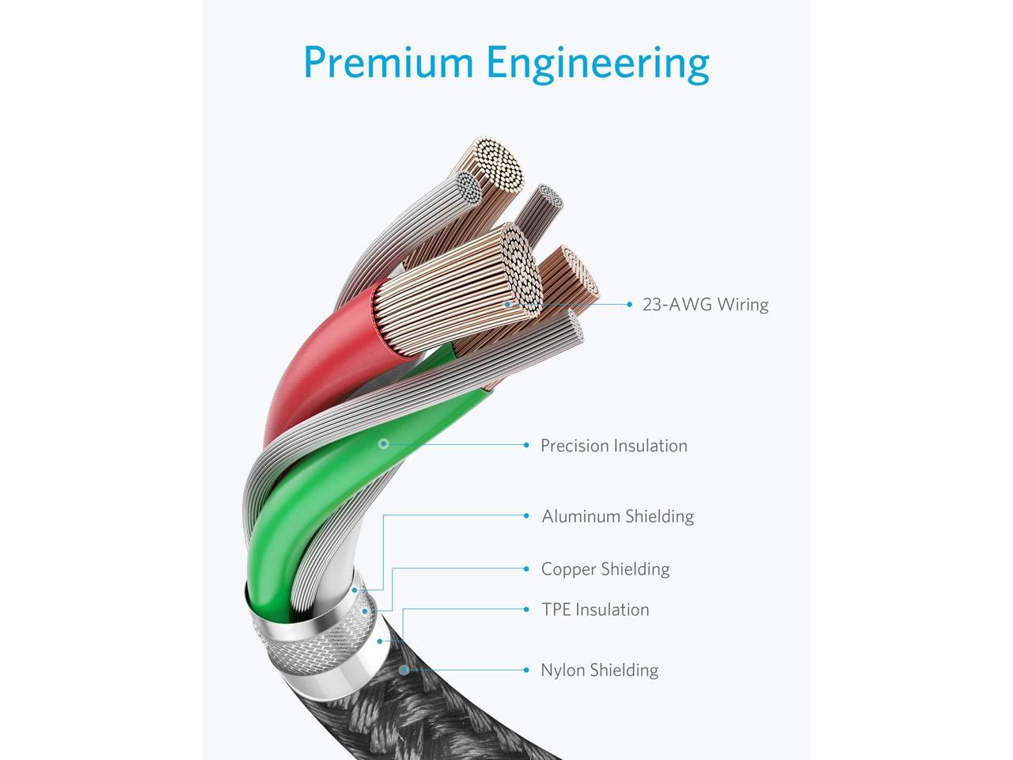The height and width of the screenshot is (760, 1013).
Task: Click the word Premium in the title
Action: tap(388, 63)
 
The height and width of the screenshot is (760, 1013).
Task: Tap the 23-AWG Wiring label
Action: tap(705, 305)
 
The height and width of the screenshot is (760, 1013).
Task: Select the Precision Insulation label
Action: tap(613, 446)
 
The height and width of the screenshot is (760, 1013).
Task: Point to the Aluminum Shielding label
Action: tap(617, 516)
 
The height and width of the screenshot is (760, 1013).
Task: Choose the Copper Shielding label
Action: tap(605, 569)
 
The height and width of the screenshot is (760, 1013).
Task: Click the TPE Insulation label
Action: tap(595, 610)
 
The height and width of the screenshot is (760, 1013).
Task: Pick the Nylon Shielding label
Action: tap(599, 670)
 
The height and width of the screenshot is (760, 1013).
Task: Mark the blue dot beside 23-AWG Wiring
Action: tap(630, 304)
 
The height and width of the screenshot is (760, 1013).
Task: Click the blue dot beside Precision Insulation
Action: tap(526, 446)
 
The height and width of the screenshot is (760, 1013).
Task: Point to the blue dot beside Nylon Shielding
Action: tap(526, 670)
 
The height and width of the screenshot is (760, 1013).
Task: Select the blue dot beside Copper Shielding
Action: tap(526, 569)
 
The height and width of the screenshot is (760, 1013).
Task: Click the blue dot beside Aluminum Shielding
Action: tap(526, 516)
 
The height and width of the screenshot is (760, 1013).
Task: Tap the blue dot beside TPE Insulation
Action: tap(526, 610)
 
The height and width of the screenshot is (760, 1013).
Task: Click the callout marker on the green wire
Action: tap(384, 443)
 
